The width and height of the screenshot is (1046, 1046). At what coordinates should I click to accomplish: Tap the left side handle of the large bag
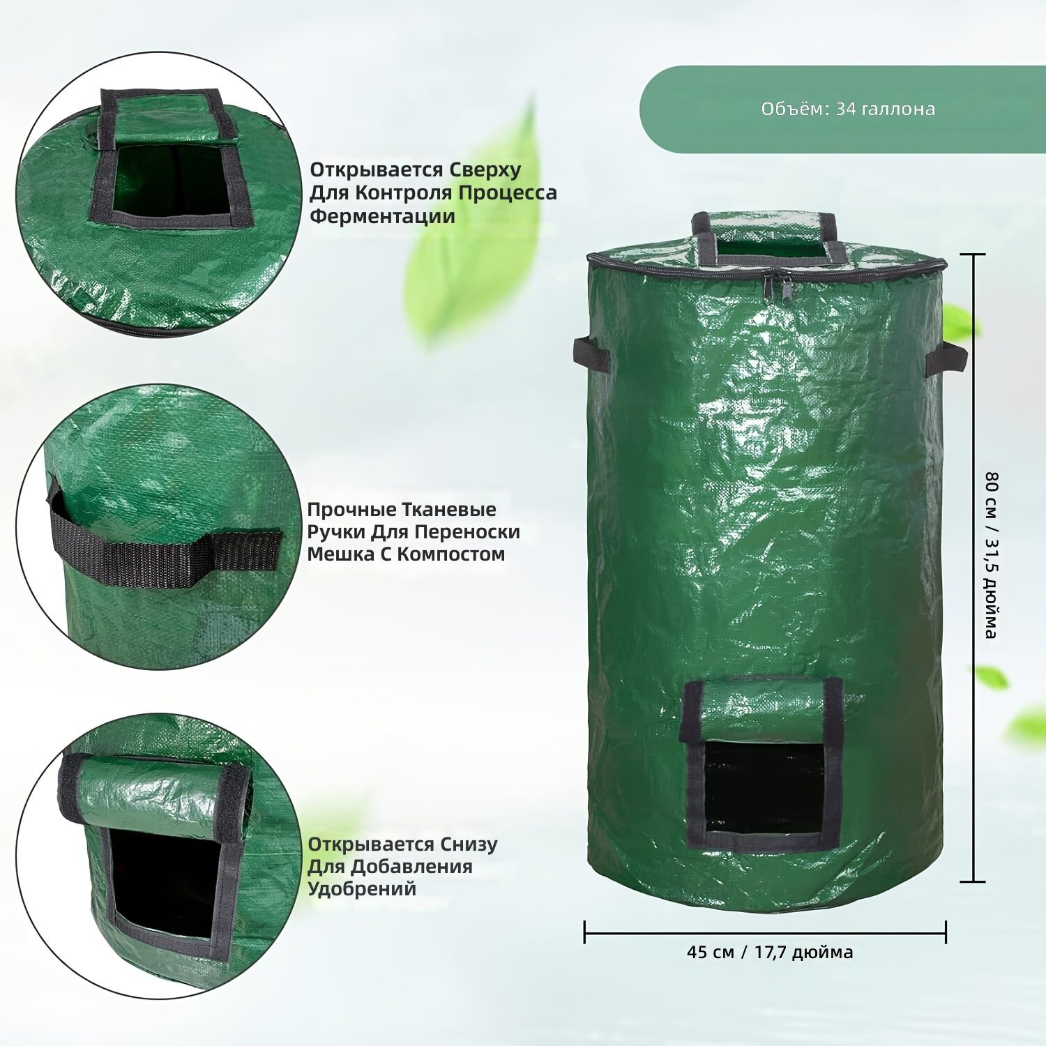click(x=591, y=354)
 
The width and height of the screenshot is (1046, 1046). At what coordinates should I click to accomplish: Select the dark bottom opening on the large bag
click(x=764, y=788)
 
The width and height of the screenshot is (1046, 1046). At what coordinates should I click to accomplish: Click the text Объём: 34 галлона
click(x=848, y=109)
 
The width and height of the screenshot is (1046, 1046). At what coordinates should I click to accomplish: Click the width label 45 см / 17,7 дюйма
click(x=770, y=952)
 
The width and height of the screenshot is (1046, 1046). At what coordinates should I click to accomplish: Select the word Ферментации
click(x=382, y=216)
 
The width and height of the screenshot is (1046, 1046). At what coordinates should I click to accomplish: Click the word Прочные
click(x=351, y=510)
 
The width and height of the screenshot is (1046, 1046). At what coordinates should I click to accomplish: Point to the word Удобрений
click(x=362, y=889)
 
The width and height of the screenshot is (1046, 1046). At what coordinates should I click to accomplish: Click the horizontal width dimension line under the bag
click(x=765, y=932)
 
